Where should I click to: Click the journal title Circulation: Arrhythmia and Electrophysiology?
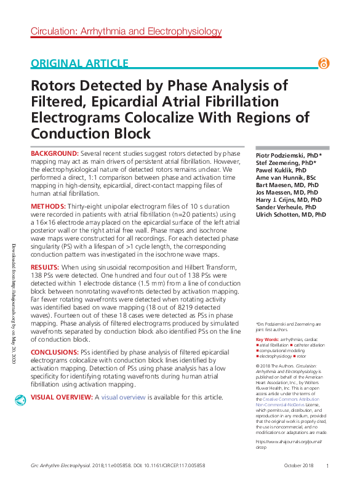[126, 31]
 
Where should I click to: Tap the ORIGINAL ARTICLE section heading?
[79, 63]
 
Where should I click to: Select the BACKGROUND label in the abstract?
[54, 153]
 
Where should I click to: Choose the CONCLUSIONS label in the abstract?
[55, 351]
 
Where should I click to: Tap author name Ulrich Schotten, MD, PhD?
[290, 215]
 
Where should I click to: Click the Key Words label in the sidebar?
[267, 339]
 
